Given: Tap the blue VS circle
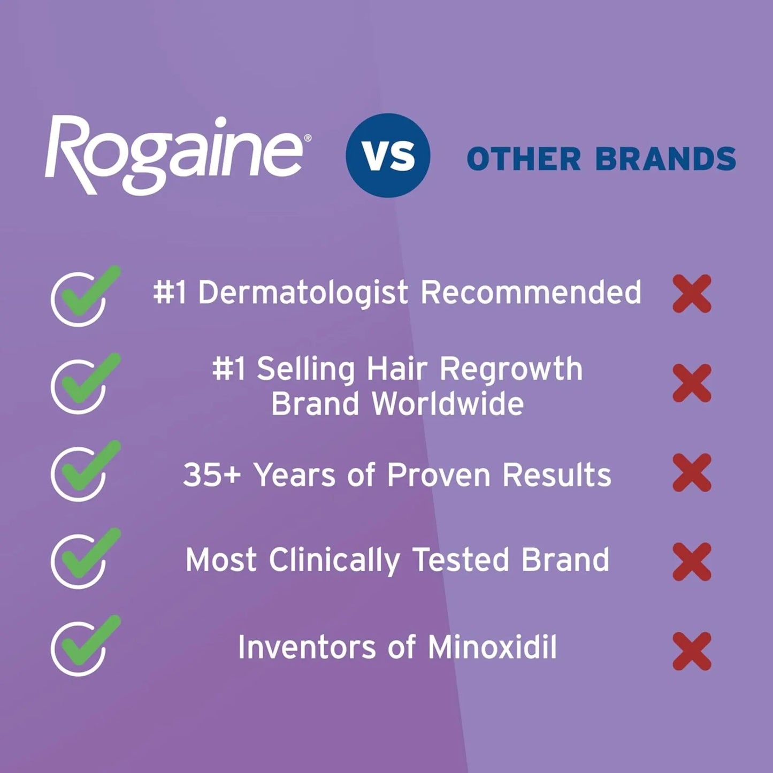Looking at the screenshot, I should tap(388, 155).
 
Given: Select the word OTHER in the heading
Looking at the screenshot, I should tap(524, 159).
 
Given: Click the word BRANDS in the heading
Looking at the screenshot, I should tap(665, 159).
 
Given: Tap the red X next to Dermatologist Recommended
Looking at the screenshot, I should tap(692, 294).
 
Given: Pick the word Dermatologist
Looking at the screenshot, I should tap(303, 293).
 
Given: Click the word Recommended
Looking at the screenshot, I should tap(531, 292).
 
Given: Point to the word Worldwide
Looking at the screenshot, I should tap(448, 403).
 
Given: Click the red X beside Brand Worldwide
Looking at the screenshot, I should tap(692, 383).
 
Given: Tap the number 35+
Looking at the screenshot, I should tap(212, 475).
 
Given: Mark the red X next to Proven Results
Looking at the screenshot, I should tap(692, 472).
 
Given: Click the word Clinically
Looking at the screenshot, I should tap(334, 560).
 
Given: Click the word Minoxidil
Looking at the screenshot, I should tap(492, 647).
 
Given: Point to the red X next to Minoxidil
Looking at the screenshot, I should tap(692, 651).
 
